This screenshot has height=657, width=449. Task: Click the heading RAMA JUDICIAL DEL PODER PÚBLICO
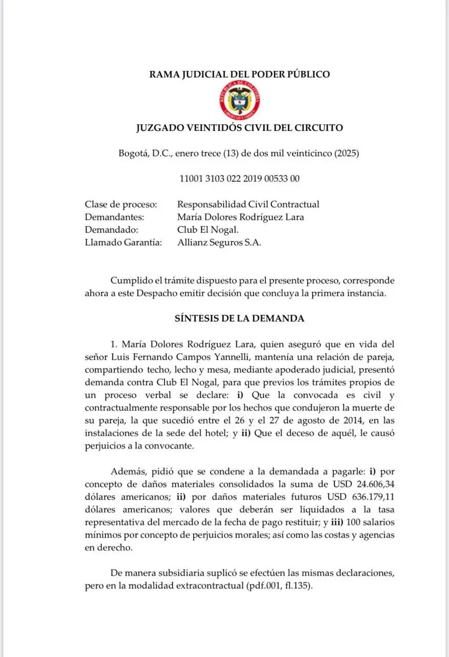239,74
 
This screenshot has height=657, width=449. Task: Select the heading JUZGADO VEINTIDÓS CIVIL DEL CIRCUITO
239,128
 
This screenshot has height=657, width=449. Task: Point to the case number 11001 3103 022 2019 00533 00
239,179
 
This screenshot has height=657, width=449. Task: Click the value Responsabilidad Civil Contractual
248,204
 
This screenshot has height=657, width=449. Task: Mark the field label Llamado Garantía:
123,243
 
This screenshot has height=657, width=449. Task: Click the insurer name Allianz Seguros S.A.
219,243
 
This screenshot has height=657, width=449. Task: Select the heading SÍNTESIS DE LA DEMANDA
239,318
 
